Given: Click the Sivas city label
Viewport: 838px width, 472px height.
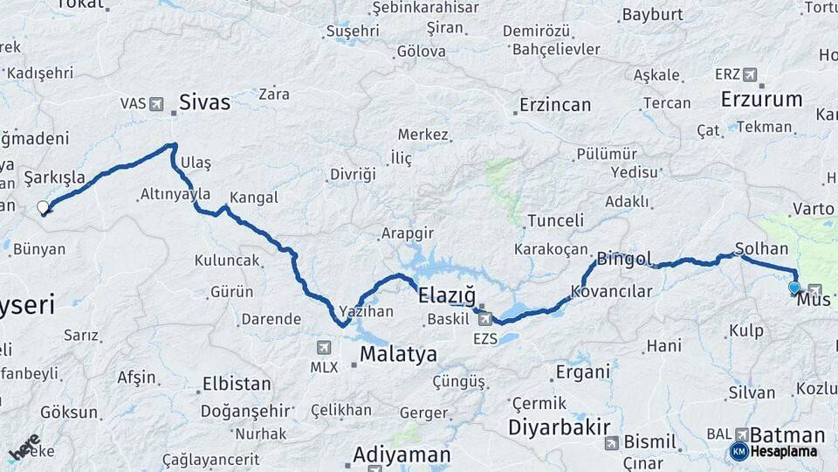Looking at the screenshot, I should pyautogui.click(x=204, y=103).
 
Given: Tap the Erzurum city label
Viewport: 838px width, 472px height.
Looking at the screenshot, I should pyautogui.click(x=761, y=100).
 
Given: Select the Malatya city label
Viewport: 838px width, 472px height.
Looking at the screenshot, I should pyautogui.click(x=398, y=354).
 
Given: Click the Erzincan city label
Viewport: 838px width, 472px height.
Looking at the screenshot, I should pyautogui.click(x=555, y=105).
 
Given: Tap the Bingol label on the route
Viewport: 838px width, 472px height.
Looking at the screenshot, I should pyautogui.click(x=624, y=260).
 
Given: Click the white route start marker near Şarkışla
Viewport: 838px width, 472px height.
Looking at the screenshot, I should pyautogui.click(x=43, y=208).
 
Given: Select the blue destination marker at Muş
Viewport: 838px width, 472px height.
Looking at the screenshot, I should pyautogui.click(x=793, y=288).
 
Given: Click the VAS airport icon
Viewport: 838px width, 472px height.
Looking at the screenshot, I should pyautogui.click(x=156, y=104).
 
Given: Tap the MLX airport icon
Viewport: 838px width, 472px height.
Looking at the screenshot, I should pyautogui.click(x=325, y=347).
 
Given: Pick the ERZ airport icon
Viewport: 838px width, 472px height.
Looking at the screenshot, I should pyautogui.click(x=750, y=75).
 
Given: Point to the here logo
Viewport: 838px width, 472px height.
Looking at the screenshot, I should pyautogui.click(x=24, y=448).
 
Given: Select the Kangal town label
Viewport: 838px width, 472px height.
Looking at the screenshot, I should pyautogui.click(x=254, y=198).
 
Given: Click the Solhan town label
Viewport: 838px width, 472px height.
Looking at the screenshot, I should pyautogui.click(x=762, y=249).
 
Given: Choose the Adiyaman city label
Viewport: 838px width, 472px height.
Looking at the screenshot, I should pyautogui.click(x=402, y=455).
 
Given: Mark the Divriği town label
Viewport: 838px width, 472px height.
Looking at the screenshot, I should pyautogui.click(x=353, y=175).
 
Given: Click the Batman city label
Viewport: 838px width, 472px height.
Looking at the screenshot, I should pyautogui.click(x=786, y=435).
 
